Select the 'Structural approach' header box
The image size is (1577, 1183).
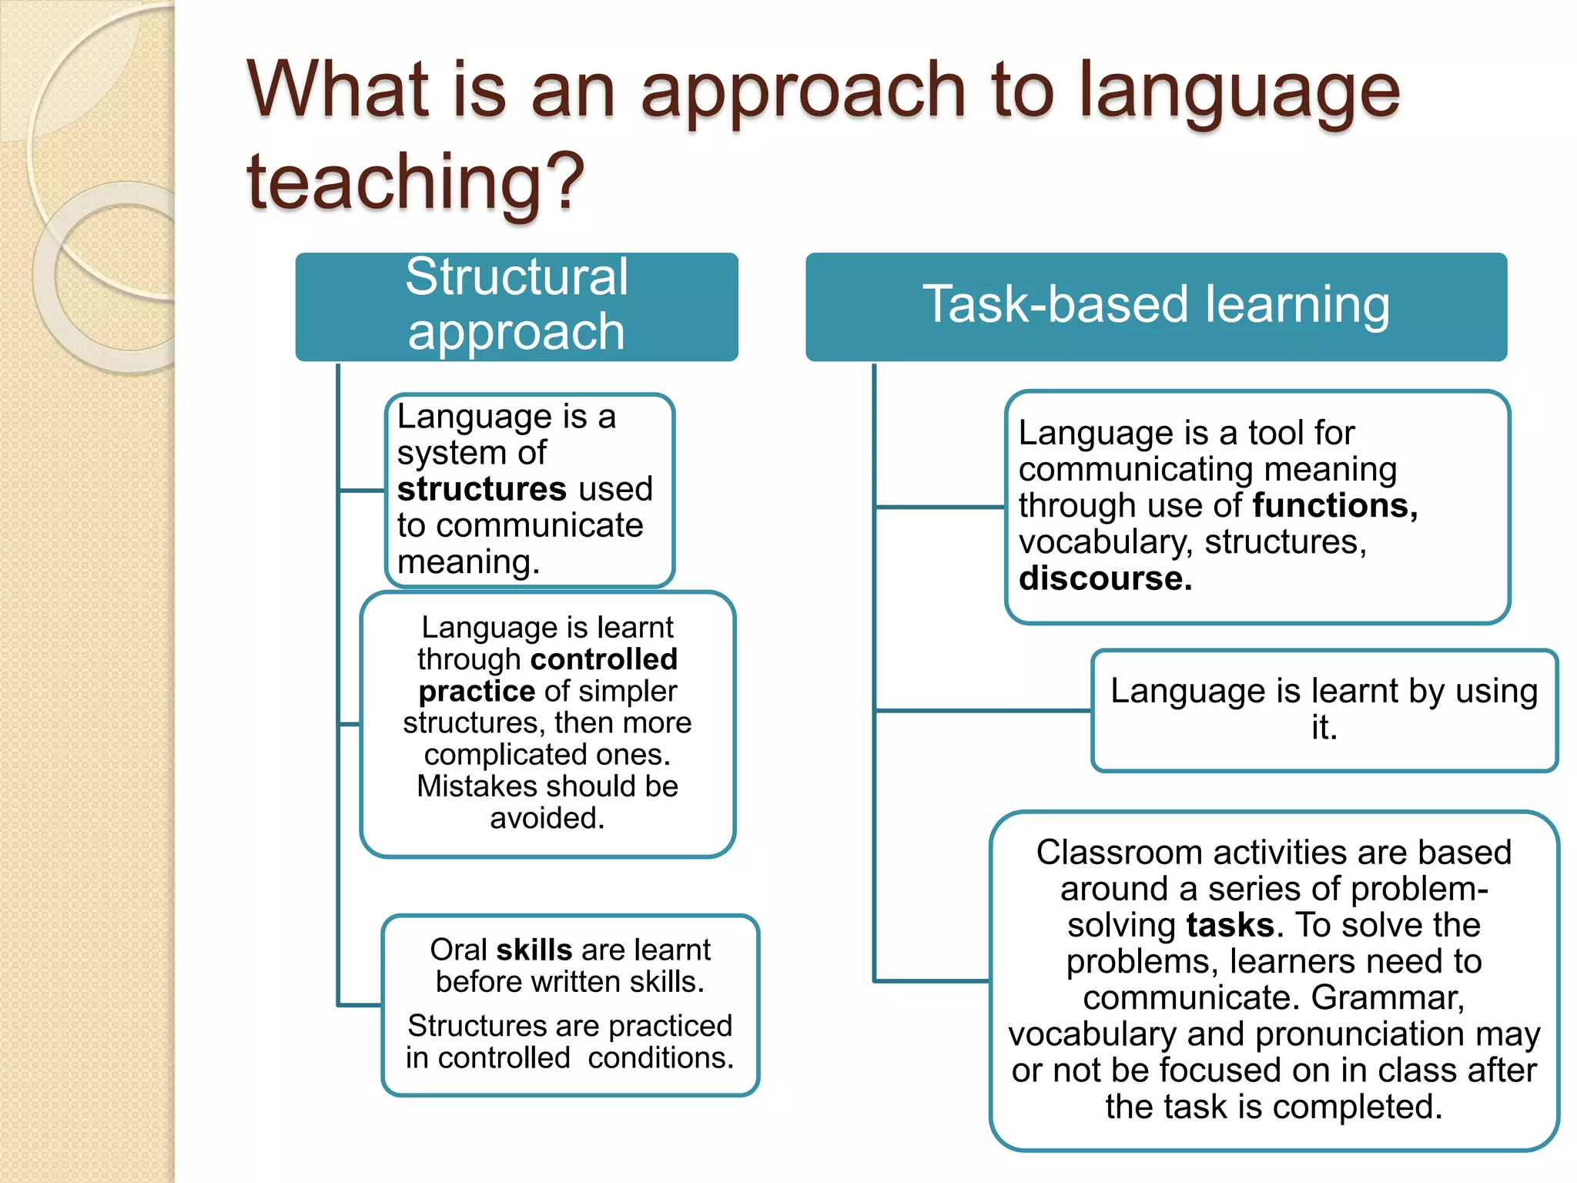pyautogui.click(x=517, y=306)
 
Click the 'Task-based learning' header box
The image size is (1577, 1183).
pyautogui.click(x=1156, y=306)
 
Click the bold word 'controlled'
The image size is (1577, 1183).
pyautogui.click(x=604, y=660)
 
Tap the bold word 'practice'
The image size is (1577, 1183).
pyautogui.click(x=477, y=692)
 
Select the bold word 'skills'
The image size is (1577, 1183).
pyautogui.click(x=534, y=950)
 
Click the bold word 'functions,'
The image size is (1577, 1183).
pyautogui.click(x=1335, y=506)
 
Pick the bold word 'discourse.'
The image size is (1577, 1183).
pyautogui.click(x=1105, y=578)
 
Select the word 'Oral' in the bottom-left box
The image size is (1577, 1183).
pyautogui.click(x=459, y=950)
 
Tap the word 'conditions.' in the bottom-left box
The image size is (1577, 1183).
pyautogui.click(x=661, y=1058)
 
